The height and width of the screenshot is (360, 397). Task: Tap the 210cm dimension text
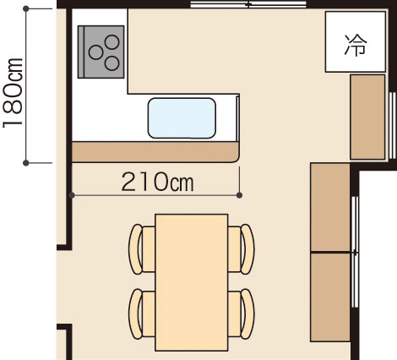(x=158, y=181)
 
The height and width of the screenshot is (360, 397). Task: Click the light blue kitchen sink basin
(x=183, y=117)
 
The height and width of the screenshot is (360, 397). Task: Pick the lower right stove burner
(x=111, y=60)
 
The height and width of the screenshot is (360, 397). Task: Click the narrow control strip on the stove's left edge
(x=80, y=51)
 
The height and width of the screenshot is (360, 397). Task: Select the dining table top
(x=192, y=281)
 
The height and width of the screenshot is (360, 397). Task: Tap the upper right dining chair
(x=245, y=247)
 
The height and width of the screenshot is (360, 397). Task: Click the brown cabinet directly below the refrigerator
(x=367, y=117)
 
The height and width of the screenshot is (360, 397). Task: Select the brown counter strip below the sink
(x=155, y=152)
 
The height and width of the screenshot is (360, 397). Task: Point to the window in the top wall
(x=247, y=5)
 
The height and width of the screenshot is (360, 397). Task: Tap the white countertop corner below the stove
(x=100, y=110)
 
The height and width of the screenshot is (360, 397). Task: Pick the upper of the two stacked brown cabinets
(x=330, y=207)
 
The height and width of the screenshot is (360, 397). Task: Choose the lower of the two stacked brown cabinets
(x=330, y=296)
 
